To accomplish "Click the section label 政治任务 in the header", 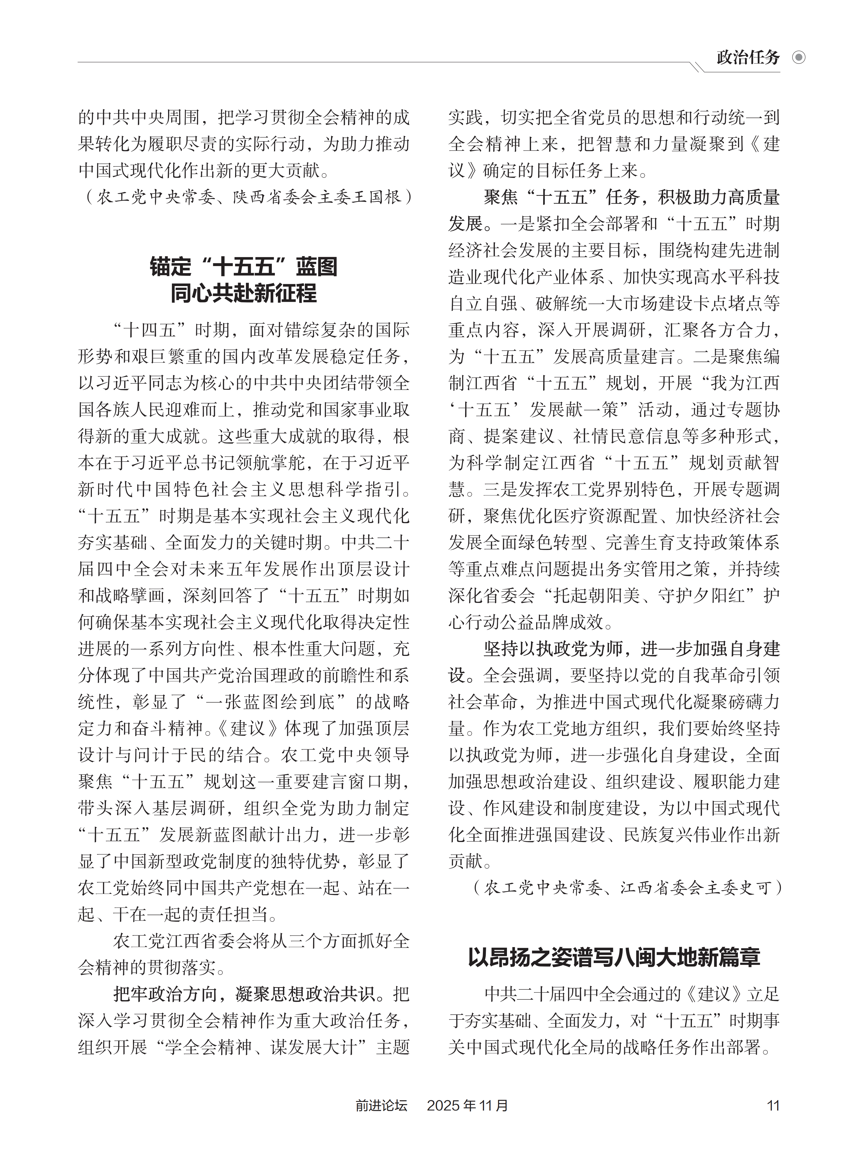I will tap(748, 57).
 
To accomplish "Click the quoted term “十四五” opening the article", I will tap(150, 330).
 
